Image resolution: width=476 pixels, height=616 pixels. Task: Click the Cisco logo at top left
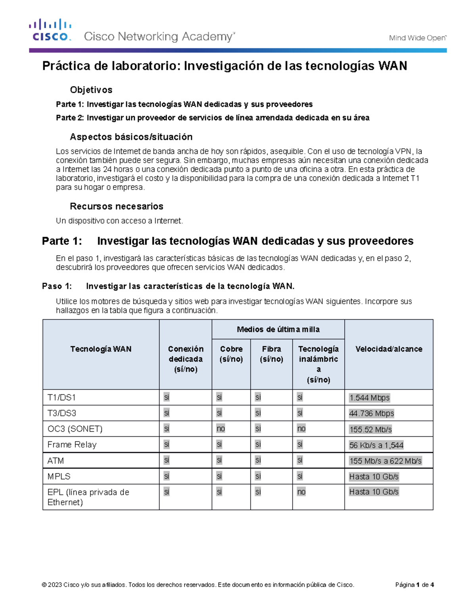(x=50, y=30)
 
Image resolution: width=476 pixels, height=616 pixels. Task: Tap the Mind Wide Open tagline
(x=417, y=38)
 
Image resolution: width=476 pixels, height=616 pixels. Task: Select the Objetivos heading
(x=91, y=90)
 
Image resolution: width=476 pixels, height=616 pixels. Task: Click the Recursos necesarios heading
(x=116, y=206)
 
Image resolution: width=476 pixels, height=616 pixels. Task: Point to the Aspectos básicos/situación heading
(x=131, y=137)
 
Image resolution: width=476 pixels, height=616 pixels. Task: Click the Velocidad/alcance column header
(x=388, y=349)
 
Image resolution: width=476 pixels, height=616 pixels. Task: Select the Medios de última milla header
(x=278, y=329)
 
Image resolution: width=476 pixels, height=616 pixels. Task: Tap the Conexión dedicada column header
(x=185, y=359)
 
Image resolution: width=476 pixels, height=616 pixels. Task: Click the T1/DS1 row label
(x=61, y=397)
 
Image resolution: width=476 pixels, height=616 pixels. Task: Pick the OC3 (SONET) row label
(x=75, y=429)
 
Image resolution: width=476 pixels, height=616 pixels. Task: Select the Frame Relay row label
(x=72, y=445)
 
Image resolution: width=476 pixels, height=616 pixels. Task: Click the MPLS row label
(x=59, y=476)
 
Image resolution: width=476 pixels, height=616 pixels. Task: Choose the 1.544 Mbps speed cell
(x=369, y=397)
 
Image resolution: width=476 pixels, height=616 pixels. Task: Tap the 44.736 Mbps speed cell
(x=371, y=413)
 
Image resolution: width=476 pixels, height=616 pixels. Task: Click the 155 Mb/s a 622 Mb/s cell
(x=385, y=461)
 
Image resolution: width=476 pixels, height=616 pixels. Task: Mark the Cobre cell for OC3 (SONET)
(x=221, y=429)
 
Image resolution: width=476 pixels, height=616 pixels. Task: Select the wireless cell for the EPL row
(x=301, y=492)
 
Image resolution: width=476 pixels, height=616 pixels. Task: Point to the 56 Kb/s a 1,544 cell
(x=376, y=445)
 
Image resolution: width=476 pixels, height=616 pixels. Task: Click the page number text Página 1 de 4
(x=415, y=585)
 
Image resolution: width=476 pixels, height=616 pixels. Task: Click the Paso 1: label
(x=57, y=286)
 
